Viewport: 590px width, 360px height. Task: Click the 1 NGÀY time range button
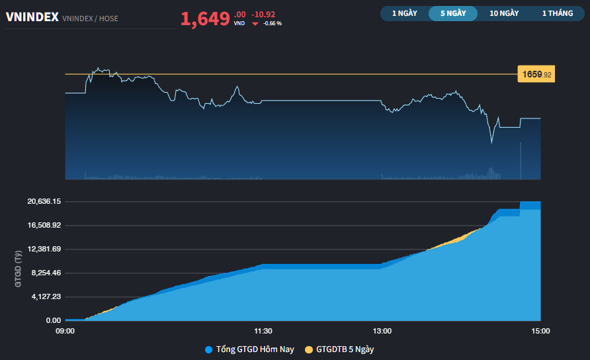(404, 13)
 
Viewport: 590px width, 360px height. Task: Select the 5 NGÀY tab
(453, 13)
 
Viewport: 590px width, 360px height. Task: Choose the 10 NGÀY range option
(504, 13)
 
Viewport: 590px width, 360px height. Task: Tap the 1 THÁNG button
(557, 13)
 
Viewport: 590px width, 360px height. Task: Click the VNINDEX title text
(32, 18)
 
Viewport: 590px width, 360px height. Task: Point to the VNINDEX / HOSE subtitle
(90, 19)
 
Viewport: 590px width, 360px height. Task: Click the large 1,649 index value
(205, 19)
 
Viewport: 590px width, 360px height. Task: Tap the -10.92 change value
(263, 14)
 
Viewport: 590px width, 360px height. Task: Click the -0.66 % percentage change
(273, 24)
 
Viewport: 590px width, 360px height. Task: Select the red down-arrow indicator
(255, 24)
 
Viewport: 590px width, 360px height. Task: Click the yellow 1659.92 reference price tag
(536, 75)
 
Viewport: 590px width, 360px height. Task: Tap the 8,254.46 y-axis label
(45, 273)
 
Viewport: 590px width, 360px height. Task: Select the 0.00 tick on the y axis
(54, 320)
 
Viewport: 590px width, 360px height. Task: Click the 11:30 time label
(263, 331)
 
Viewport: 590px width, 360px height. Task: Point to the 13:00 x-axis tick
(382, 331)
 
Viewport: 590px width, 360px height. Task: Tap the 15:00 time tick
(540, 331)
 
